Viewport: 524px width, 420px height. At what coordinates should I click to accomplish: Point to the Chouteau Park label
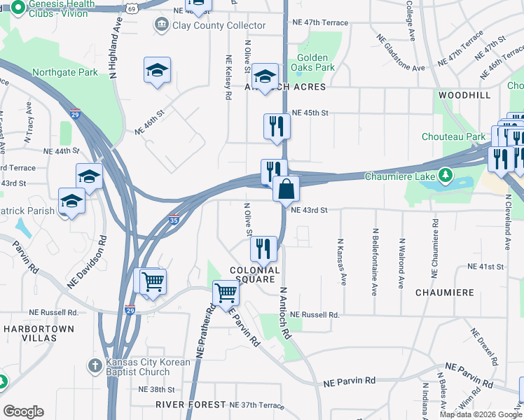[x=454, y=136]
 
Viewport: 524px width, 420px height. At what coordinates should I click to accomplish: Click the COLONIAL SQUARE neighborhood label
[x=255, y=275]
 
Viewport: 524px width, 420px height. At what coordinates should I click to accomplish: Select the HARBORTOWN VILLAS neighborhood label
[x=39, y=333]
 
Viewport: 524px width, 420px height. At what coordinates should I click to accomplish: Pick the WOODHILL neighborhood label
[x=464, y=94]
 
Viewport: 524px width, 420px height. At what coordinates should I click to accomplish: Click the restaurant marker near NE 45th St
[x=277, y=126]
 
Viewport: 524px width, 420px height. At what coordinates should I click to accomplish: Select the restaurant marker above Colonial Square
[x=263, y=248]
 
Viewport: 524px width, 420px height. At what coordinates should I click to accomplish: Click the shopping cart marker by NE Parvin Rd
[x=226, y=292]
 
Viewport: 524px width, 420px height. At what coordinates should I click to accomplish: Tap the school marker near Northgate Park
[x=157, y=70]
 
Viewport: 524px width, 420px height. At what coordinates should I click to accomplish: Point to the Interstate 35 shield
[x=174, y=220]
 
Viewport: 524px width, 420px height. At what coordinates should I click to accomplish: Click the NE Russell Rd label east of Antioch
[x=315, y=315]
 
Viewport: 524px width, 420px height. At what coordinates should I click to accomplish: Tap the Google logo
[x=23, y=412]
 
